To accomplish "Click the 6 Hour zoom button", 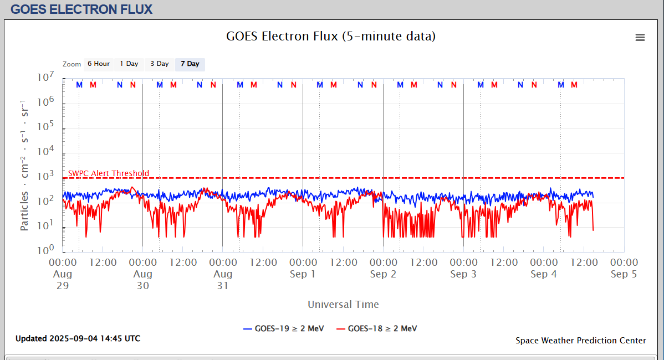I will point(98,64).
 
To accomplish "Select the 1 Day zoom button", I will point(129,64).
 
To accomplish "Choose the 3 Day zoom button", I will point(160,64).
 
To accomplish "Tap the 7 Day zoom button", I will point(190,64).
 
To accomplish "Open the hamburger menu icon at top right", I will point(640,38).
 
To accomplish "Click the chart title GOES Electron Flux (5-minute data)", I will point(331,37).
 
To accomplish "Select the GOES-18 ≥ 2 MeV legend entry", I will point(377,328).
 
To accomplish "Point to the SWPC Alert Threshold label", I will point(109,173).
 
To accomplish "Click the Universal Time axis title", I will point(343,304).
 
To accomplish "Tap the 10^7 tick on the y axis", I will point(45,78).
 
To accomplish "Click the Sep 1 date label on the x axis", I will point(303,274).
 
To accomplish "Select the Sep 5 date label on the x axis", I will point(624,274).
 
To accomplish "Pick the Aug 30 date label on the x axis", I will point(143,280).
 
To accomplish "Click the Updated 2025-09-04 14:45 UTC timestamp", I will point(78,338).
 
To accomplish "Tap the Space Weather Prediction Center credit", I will point(580,341).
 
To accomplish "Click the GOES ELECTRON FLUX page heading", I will point(81,9).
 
